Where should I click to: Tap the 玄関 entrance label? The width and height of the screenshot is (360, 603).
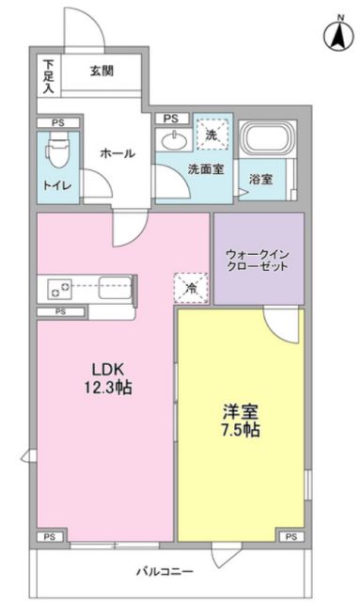click(x=102, y=71)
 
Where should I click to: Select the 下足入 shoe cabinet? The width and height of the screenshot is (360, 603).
click(x=49, y=76)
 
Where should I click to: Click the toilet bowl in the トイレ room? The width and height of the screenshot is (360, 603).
click(x=57, y=151)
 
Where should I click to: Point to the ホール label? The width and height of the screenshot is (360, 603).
click(x=117, y=153)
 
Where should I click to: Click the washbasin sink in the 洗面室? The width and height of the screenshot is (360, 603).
click(x=174, y=141)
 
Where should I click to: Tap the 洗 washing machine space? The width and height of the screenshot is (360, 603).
click(x=212, y=134)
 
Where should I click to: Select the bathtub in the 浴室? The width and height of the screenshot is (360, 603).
click(x=267, y=137)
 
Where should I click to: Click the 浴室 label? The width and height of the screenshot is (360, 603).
click(x=261, y=179)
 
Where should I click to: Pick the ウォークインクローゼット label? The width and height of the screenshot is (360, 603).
click(x=258, y=260)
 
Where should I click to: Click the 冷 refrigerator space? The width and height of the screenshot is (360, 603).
click(x=191, y=288)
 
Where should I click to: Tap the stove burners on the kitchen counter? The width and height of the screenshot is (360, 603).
click(x=59, y=289)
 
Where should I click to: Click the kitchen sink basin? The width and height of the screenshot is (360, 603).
click(x=115, y=288)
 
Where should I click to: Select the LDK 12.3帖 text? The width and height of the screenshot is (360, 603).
click(x=108, y=378)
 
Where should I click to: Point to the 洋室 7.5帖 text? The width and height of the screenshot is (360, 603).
click(x=241, y=421)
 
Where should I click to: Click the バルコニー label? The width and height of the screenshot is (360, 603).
click(x=165, y=571)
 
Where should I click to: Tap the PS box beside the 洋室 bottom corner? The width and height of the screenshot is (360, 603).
click(x=291, y=536)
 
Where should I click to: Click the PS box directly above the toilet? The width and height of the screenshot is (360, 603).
click(x=58, y=123)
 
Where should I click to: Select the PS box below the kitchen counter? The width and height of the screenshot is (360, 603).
click(x=61, y=312)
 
